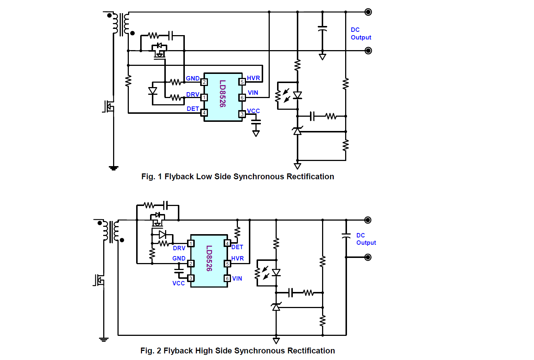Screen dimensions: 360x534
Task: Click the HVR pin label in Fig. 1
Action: tap(253, 78)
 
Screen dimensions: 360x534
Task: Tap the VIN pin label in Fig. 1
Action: tap(253, 93)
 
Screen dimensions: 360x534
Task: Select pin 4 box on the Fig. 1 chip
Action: tap(204, 113)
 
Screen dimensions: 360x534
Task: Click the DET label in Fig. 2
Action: tap(237, 247)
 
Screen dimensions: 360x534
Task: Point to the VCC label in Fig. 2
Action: tap(179, 283)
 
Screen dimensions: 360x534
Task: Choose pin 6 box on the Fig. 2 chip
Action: tap(227, 278)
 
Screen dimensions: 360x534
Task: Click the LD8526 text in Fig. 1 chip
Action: tap(222, 94)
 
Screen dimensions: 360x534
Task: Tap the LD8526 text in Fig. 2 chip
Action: tap(209, 258)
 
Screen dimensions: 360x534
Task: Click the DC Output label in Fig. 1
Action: tap(361, 34)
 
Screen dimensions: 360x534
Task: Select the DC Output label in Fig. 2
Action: tap(366, 239)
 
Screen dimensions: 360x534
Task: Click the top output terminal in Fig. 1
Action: tap(368, 12)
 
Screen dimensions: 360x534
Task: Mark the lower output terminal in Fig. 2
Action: tap(368, 257)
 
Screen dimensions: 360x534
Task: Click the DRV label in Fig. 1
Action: tap(193, 94)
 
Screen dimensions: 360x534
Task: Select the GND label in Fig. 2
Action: tap(179, 258)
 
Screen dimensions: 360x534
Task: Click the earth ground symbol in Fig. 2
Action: tap(104, 339)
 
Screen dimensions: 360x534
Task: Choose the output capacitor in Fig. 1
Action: tap(322, 29)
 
